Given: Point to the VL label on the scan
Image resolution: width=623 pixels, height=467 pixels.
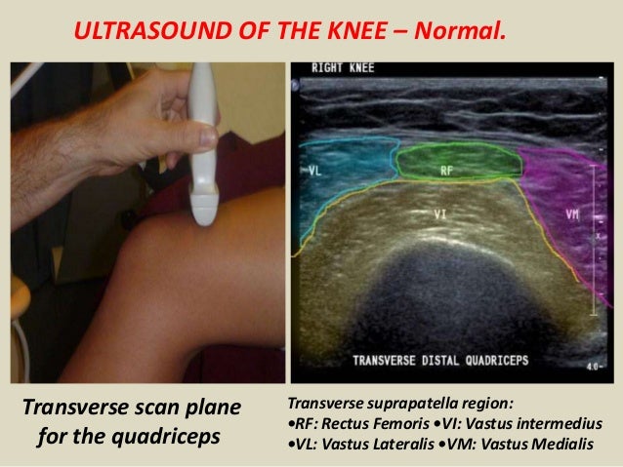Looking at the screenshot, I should [316, 171].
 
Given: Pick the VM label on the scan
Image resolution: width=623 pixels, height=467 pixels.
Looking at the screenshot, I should [572, 212].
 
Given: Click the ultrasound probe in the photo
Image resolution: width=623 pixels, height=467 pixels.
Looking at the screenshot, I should [202, 146].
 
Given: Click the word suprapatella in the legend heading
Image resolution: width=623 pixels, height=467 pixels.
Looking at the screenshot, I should [414, 404].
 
